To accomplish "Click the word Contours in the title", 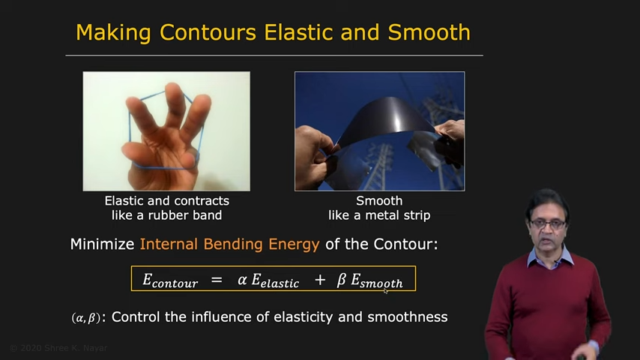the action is click(x=208, y=32).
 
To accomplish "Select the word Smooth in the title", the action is click(x=429, y=32).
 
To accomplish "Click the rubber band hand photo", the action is click(x=166, y=131).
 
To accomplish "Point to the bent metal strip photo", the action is click(x=380, y=131).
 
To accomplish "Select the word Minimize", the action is click(x=102, y=244).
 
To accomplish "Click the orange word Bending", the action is click(x=233, y=244).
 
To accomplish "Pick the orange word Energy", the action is click(x=294, y=244).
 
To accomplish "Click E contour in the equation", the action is click(x=170, y=280).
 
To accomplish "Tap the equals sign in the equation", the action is click(x=217, y=280).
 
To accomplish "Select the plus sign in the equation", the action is click(x=320, y=280).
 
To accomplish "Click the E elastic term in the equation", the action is click(x=275, y=280).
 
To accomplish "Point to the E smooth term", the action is click(x=377, y=280).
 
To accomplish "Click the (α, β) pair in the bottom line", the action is click(x=85, y=317).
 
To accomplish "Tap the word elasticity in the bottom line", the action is click(x=304, y=317).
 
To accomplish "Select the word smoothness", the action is click(x=408, y=316).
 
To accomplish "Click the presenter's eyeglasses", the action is click(x=548, y=224).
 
